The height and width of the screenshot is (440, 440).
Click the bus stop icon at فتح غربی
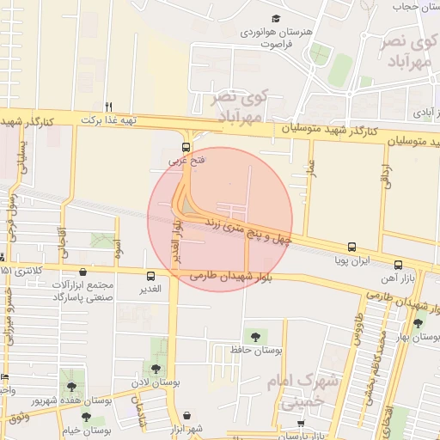coord(186,146)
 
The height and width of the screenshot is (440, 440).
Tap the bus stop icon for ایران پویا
coord(351,246)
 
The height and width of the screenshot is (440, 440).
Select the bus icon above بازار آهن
coord(397,265)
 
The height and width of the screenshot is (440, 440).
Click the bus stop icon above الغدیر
coord(151,276)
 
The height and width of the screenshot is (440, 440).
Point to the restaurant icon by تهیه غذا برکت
coord(108,107)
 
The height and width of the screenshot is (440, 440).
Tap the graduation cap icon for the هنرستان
coord(276,19)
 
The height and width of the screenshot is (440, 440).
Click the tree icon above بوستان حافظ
coord(254,335)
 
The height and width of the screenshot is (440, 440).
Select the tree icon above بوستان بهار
coord(418,323)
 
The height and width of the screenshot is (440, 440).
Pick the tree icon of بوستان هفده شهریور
coord(71,388)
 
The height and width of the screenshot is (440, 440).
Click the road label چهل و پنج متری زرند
coord(246,227)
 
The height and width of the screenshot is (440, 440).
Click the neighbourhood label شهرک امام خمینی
coord(297,388)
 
